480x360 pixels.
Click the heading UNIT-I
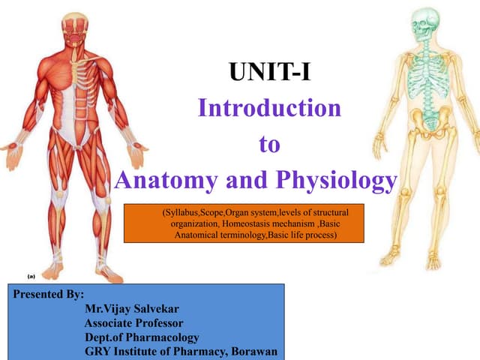pos(269,74)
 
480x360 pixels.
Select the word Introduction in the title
pos(269,109)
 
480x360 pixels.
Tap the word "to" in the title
pos(269,144)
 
